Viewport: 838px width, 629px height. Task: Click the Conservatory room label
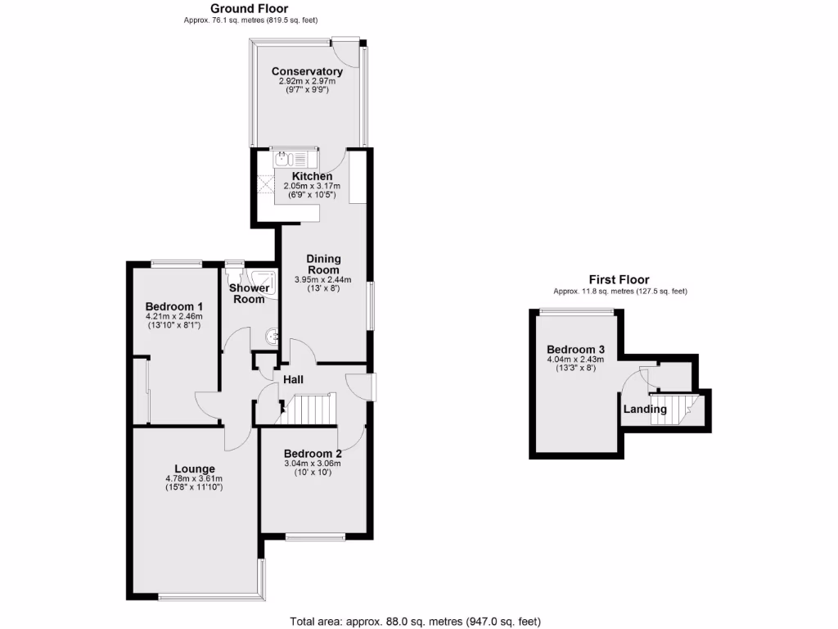click(307, 71)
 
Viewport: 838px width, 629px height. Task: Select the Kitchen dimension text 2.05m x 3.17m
click(312, 187)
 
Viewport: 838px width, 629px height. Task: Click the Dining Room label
click(323, 265)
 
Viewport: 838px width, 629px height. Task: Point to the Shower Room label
click(249, 293)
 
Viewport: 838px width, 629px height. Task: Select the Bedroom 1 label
click(173, 306)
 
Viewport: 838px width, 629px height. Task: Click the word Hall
click(293, 379)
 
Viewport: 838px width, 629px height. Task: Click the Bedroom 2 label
click(313, 454)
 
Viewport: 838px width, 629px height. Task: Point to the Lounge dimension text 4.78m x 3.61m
click(195, 479)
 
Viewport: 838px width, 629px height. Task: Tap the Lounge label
click(195, 468)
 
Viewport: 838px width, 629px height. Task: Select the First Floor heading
click(619, 280)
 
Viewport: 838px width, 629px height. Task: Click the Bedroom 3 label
click(575, 347)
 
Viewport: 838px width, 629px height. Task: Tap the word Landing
click(645, 410)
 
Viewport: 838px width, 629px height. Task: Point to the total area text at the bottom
click(415, 621)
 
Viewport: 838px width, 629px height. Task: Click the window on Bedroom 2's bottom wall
click(315, 537)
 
